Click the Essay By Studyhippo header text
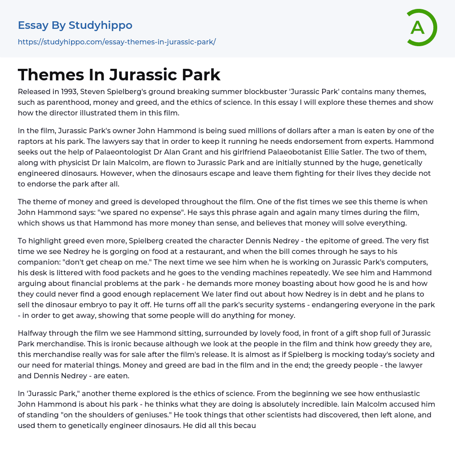75,25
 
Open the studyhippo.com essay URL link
116,42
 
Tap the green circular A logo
420,28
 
